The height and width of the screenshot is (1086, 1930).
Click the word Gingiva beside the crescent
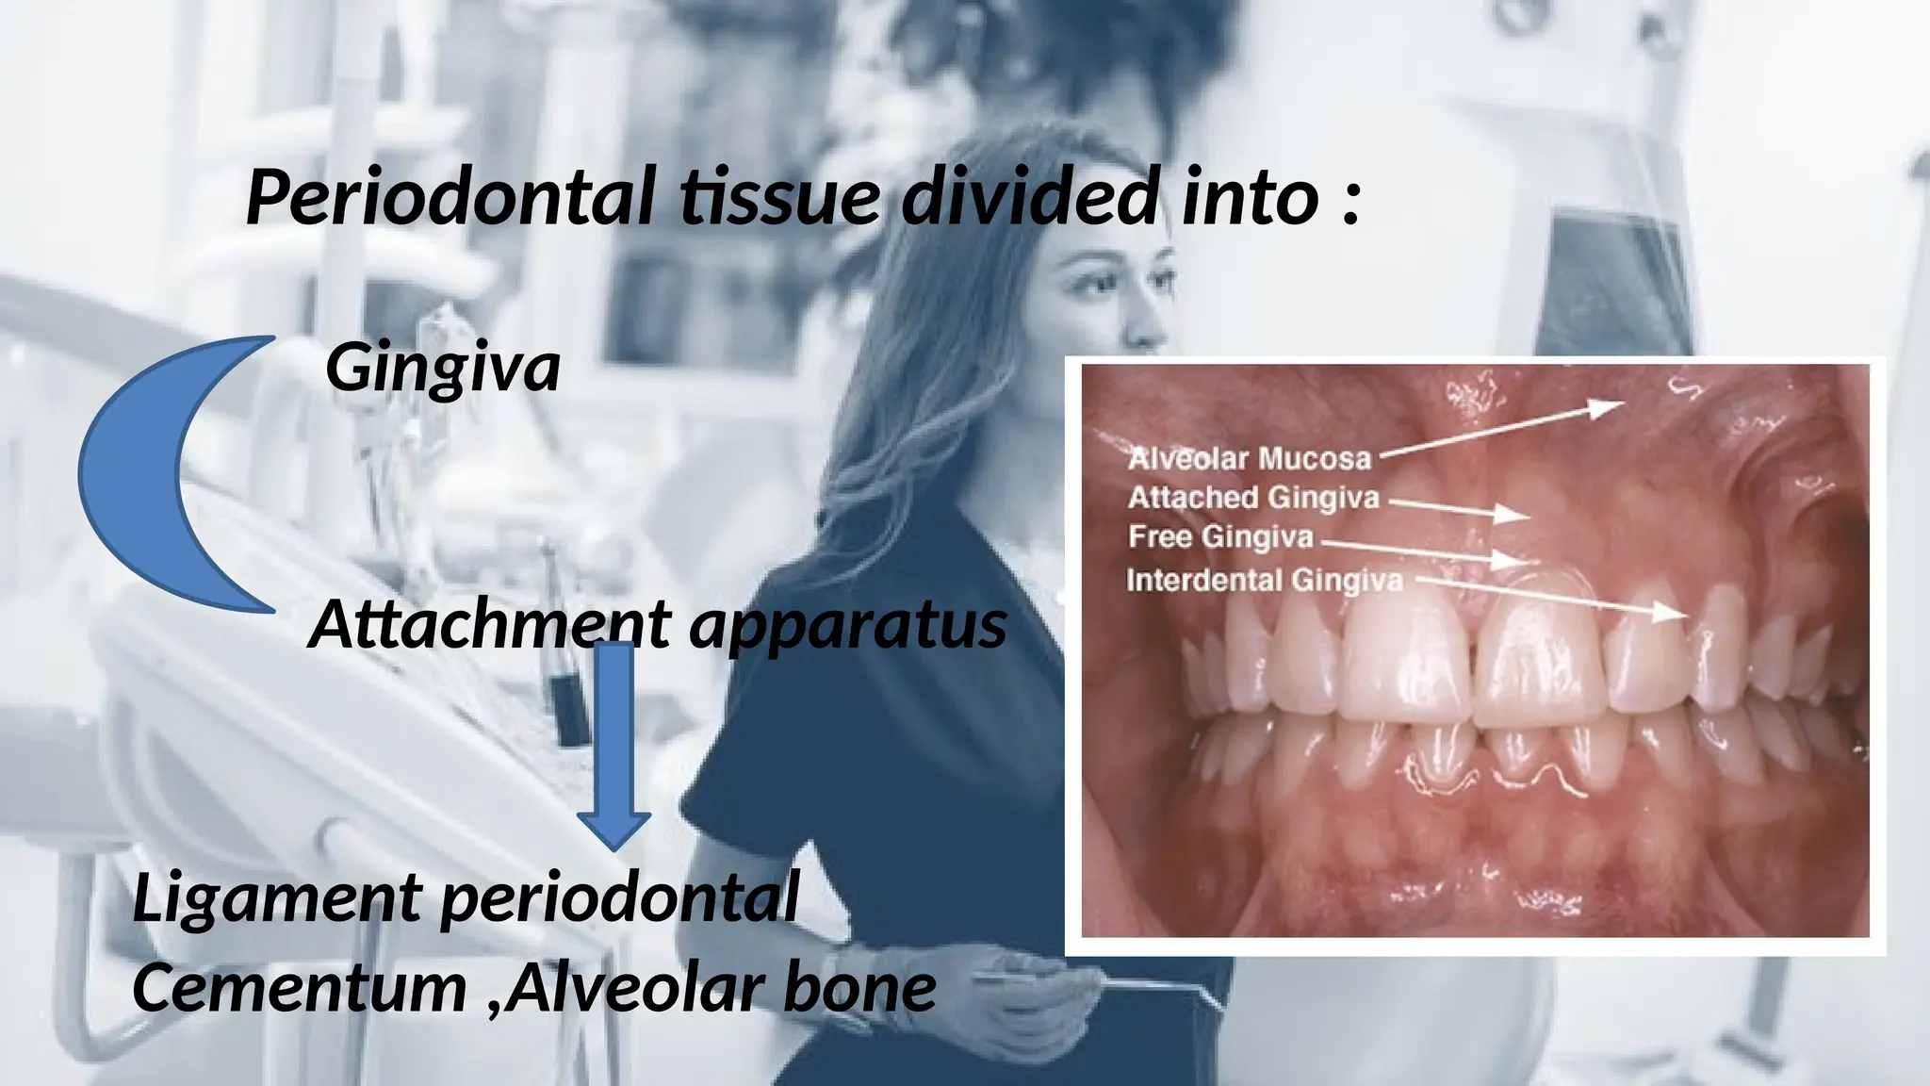443,368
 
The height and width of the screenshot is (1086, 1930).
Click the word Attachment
490,624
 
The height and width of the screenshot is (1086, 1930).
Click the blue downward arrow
615,745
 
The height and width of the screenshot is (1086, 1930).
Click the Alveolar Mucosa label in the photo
1250,459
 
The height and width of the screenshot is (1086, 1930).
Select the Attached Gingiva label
1253,498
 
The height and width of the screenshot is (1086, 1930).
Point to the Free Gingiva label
1220,537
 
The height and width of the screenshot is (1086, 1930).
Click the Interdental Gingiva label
1264,580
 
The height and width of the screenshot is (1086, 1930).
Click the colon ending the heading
1350,203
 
